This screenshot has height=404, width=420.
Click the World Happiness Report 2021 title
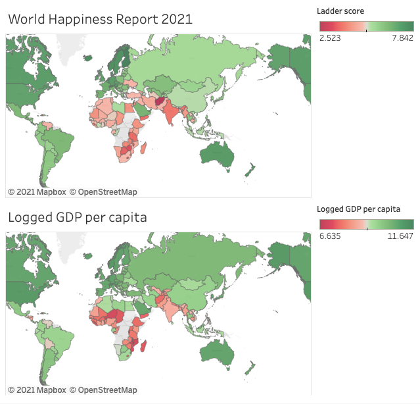100,19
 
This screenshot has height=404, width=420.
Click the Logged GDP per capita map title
77,217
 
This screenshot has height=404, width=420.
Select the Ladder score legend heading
340,11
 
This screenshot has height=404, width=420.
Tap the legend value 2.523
329,39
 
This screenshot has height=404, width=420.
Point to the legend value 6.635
329,236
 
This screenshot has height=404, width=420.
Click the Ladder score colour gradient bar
366,26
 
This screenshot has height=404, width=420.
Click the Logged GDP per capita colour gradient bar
366,224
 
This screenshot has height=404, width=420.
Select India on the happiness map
173,115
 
